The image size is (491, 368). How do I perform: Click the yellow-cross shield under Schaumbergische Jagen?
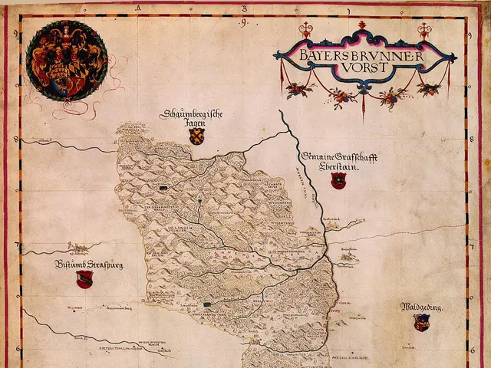coord(197,136)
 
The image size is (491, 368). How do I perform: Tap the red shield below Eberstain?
coord(338,181)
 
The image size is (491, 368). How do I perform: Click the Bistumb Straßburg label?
coord(89,265)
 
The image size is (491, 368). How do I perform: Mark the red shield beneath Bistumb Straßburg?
coord(84,280)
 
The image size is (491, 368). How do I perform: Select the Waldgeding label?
coord(420,307)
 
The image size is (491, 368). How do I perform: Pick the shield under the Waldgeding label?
coord(421,323)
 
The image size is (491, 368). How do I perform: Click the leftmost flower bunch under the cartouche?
coord(297,90)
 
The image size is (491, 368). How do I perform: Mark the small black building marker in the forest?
coord(163,186)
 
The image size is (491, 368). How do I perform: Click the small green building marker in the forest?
coord(206,304)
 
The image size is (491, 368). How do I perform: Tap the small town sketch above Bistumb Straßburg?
coord(77,247)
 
